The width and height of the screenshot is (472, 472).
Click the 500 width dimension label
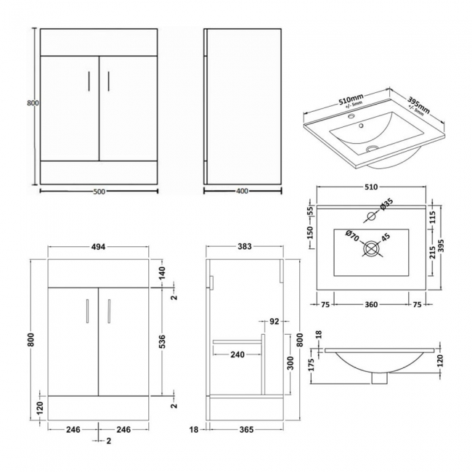pyautogui.click(x=99, y=192)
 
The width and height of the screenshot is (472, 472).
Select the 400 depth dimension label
pyautogui.click(x=243, y=192)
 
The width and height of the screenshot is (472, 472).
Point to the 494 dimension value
pyautogui.click(x=99, y=247)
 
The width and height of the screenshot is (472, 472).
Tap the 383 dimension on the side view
pyautogui.click(x=244, y=247)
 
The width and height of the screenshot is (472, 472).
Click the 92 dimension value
pyautogui.click(x=274, y=320)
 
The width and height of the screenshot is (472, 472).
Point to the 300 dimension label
pyautogui.click(x=290, y=361)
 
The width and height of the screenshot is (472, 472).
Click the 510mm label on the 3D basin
pyautogui.click(x=350, y=99)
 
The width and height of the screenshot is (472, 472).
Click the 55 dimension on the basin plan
pyautogui.click(x=311, y=210)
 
